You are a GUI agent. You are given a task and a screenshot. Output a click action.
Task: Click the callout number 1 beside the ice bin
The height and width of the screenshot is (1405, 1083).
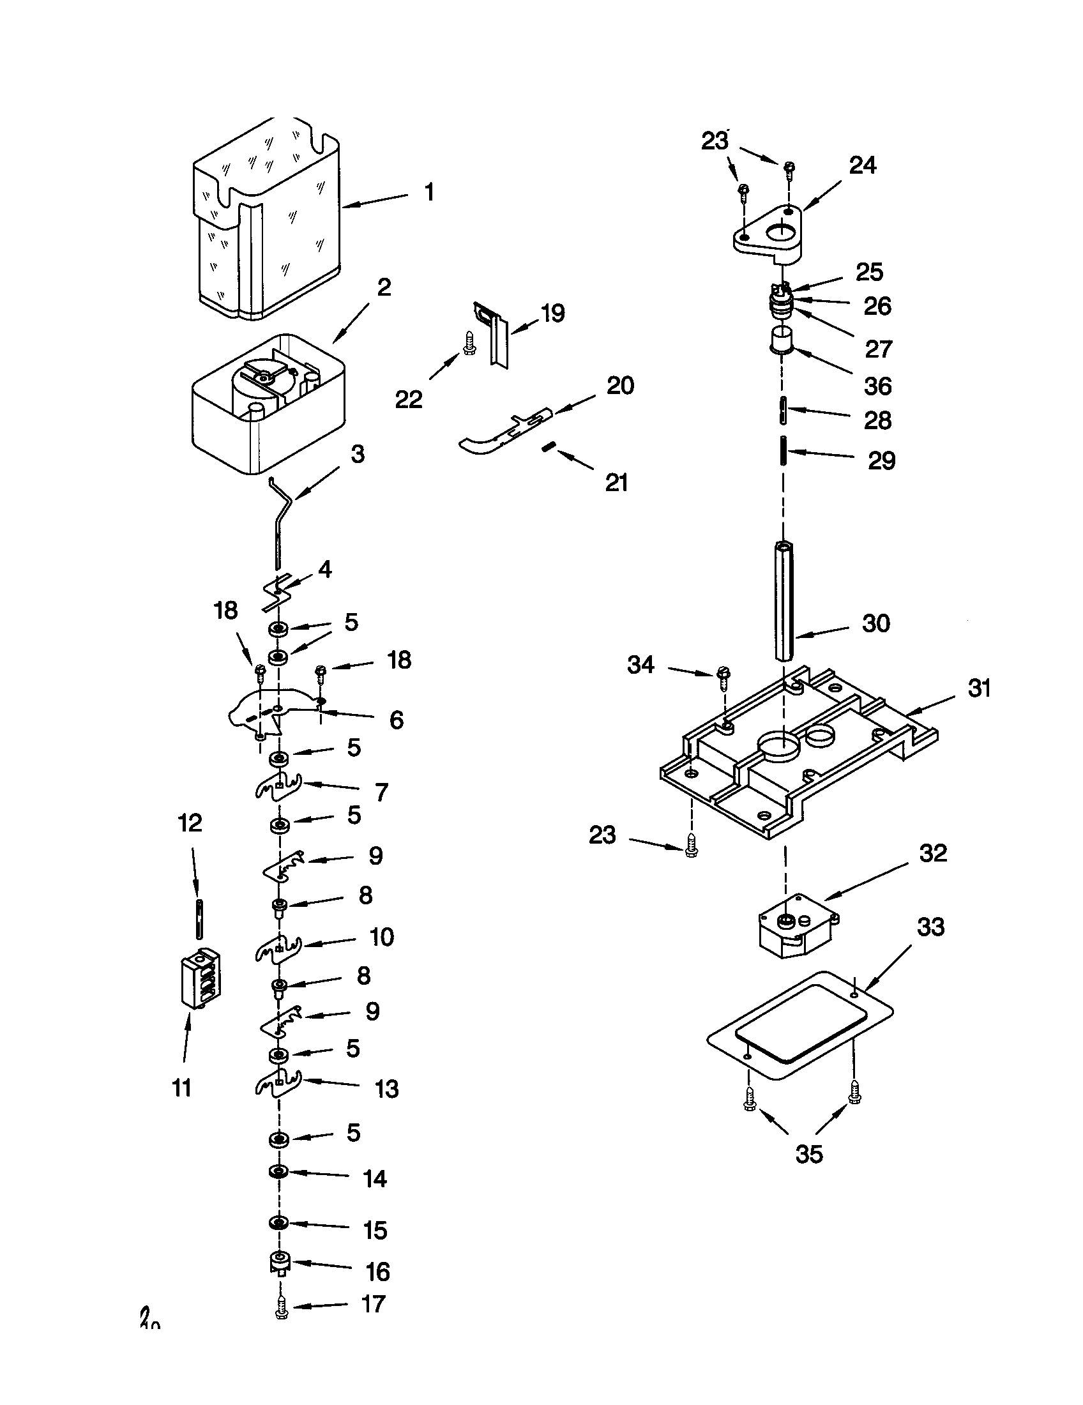point(429,192)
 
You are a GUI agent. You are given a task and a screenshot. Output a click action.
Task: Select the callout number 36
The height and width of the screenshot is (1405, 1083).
point(878,386)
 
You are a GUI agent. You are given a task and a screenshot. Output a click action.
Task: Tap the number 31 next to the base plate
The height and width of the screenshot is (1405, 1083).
point(979,688)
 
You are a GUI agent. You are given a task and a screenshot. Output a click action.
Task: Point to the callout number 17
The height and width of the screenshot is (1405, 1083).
point(373,1304)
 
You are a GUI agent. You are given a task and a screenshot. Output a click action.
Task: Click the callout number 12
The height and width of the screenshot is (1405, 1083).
point(190,823)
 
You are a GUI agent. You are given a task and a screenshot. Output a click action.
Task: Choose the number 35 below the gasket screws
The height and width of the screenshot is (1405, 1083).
point(808,1153)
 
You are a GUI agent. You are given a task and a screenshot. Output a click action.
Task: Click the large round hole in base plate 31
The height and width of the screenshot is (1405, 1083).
point(780,745)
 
